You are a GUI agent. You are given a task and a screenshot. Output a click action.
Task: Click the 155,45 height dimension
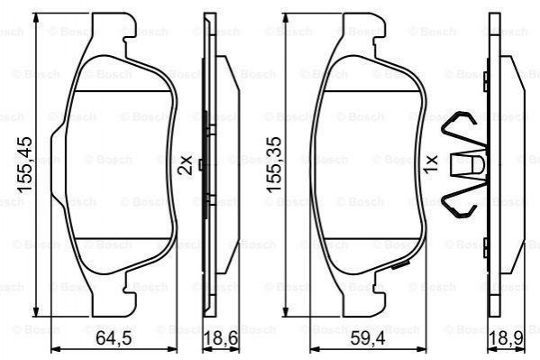point(25,164)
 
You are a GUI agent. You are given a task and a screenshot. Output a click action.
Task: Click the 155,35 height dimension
point(274,164)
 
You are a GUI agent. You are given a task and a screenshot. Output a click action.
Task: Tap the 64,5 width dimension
point(114,338)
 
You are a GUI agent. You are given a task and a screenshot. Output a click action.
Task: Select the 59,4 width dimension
point(368,338)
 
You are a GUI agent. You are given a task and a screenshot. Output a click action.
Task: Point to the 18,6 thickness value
point(220,338)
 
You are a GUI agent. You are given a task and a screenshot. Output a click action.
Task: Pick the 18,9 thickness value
point(507,338)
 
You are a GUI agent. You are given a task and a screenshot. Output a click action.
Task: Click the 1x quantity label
point(431,164)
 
